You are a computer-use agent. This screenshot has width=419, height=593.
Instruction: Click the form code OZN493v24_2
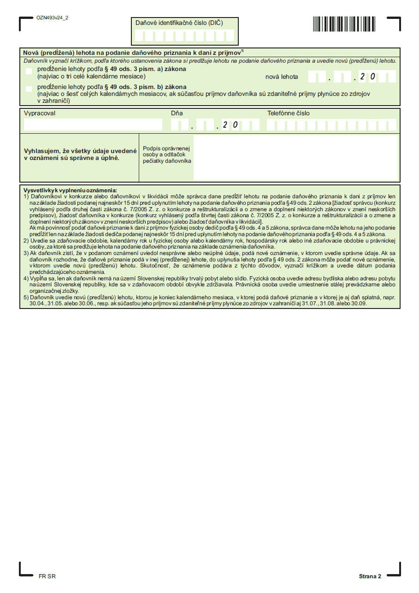(x=52, y=18)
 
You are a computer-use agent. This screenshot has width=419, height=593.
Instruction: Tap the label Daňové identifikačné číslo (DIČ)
(x=179, y=23)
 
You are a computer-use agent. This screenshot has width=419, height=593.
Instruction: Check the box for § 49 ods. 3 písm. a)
(x=29, y=71)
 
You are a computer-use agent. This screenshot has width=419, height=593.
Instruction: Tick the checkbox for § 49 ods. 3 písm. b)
(x=29, y=89)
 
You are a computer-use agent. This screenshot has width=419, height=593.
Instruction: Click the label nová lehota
(x=281, y=77)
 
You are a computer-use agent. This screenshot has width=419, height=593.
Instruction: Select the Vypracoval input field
(x=93, y=125)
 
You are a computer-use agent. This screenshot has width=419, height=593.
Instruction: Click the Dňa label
(x=177, y=113)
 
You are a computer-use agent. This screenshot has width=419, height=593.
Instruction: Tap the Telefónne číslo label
(x=289, y=113)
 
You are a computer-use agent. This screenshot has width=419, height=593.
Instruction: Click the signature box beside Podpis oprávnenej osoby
(x=295, y=157)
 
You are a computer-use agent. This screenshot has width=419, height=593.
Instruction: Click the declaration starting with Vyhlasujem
(x=80, y=154)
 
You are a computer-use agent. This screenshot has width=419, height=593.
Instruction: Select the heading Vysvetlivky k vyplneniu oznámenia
(x=70, y=190)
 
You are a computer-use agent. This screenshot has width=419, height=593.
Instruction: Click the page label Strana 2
(x=370, y=576)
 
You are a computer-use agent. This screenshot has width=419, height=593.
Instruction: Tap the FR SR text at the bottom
(x=47, y=576)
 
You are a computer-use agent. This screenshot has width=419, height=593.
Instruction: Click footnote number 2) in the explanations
(x=26, y=240)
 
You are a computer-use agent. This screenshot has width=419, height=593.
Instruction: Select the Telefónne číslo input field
(x=331, y=125)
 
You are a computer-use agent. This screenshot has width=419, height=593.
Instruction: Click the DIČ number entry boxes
(x=185, y=36)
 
